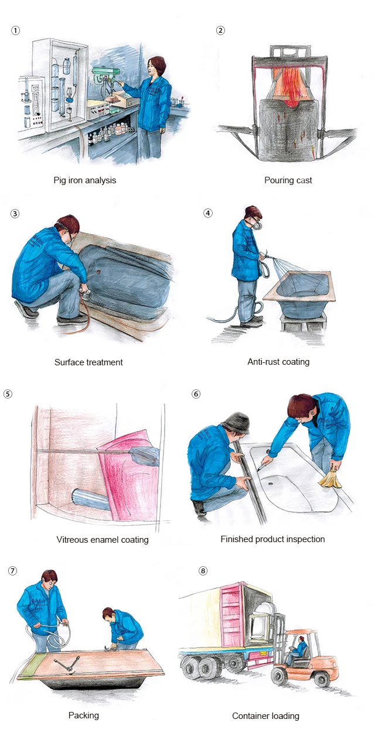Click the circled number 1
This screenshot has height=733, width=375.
15,30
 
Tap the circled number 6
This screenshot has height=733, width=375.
196,393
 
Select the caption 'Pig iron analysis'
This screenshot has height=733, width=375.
85,180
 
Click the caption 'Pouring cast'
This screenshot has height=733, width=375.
288,180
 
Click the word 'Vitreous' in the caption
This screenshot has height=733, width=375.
73,540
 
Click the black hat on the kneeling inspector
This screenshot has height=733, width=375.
236,423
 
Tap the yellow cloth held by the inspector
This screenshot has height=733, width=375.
330,479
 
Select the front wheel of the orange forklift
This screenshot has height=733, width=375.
279,676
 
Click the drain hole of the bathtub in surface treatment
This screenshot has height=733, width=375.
98,272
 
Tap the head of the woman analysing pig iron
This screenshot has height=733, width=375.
156,66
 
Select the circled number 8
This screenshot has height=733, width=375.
203,571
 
